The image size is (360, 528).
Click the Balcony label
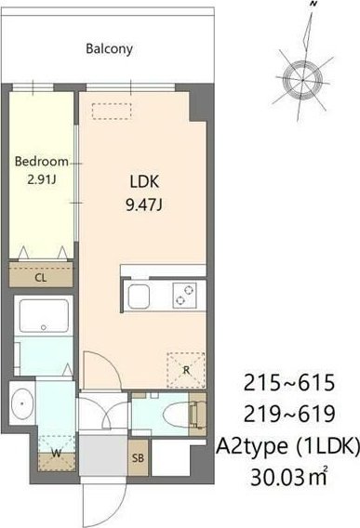click(109, 49)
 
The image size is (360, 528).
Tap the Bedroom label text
click(42, 162)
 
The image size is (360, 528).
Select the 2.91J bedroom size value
click(42, 179)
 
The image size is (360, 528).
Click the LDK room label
click(144, 182)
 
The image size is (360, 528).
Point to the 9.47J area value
click(144, 205)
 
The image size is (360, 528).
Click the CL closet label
click(41, 278)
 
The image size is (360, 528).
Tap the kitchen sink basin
click(139, 297)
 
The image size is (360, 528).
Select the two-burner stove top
click(185, 296)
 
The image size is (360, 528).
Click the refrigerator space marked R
click(186, 370)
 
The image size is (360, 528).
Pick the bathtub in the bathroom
click(44, 316)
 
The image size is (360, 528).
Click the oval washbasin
click(22, 403)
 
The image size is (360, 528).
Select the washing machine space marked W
click(57, 453)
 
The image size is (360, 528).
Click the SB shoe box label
click(138, 457)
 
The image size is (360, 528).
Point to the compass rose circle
click(302, 80)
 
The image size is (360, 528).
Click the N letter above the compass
click(313, 4)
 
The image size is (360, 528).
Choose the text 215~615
click(289, 383)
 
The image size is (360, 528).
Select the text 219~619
click(289, 414)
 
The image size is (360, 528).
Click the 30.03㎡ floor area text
click(289, 476)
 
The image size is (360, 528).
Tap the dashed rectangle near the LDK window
click(112, 112)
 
